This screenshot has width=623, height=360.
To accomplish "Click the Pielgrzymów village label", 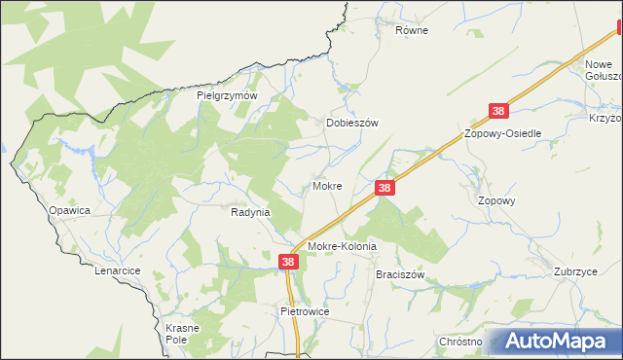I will tap(226, 96).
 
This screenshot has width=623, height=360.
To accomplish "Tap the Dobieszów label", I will tap(350, 124).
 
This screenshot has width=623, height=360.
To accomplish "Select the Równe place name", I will tap(412, 30).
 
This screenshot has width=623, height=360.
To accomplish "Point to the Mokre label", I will tap(326, 185).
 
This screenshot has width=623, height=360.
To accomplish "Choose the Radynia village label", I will tap(250, 211).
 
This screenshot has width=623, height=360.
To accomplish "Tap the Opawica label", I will tap(70, 210).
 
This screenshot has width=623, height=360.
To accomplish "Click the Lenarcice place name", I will tap(118, 270).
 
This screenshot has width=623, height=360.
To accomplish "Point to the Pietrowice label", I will tap(306, 311).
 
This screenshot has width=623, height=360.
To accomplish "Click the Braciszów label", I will tap(400, 275).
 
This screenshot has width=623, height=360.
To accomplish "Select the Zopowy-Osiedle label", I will tap(502, 133).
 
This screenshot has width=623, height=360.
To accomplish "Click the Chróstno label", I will tap(460, 342).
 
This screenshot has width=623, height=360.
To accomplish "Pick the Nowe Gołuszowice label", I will tap(603, 70).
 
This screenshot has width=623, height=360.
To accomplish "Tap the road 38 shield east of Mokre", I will tap(385, 187).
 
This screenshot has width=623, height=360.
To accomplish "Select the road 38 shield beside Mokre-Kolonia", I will tap(289, 262).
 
